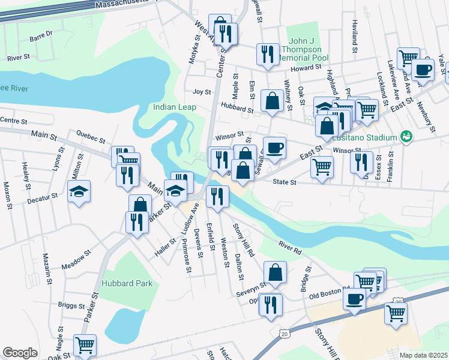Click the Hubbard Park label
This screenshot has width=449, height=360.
point(127,283)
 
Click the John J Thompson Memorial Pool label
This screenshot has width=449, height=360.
point(304,50)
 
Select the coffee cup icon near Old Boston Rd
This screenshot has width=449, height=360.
point(354,298)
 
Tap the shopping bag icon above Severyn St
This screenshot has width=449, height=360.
point(274,273)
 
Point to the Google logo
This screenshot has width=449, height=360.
point(20,353)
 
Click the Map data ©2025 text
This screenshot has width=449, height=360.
point(423,355)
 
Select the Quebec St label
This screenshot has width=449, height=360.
point(89,135)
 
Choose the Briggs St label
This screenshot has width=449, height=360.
point(71,305)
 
